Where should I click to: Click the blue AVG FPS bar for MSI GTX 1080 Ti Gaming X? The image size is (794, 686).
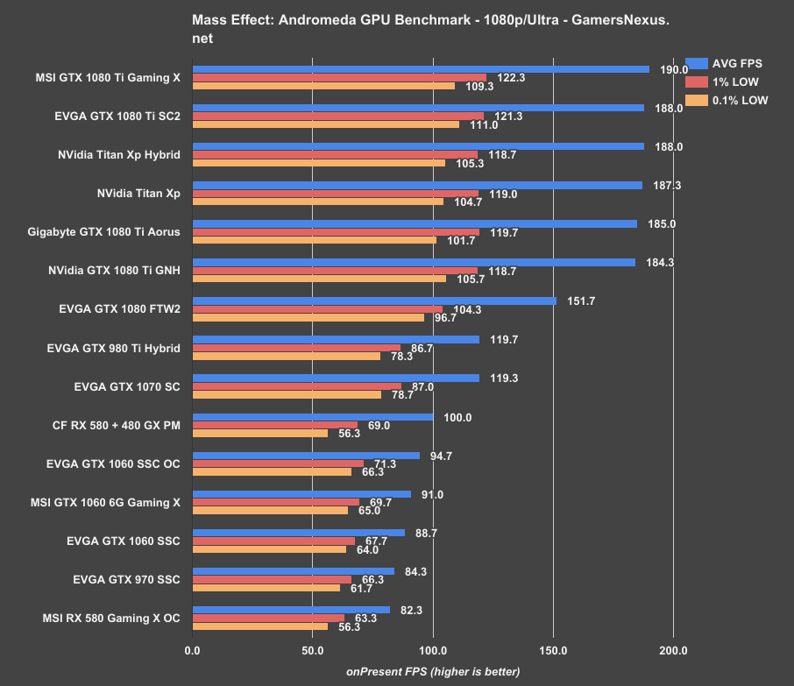[421, 69]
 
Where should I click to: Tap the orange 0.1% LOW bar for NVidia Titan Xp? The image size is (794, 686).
[317, 202]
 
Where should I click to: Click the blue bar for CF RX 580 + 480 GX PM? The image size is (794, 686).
[313, 417]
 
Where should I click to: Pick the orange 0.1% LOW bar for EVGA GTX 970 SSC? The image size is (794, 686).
[266, 588]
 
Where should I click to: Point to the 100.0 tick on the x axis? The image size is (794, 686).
[433, 651]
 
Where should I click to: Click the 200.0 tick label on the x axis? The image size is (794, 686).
[673, 651]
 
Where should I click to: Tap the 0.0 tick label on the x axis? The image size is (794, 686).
[193, 651]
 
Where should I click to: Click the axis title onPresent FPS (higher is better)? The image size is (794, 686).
[433, 672]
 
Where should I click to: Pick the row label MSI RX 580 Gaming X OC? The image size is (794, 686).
[111, 618]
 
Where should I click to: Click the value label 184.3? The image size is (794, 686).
[660, 263]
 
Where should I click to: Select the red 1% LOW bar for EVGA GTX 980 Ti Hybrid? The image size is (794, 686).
[296, 349]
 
